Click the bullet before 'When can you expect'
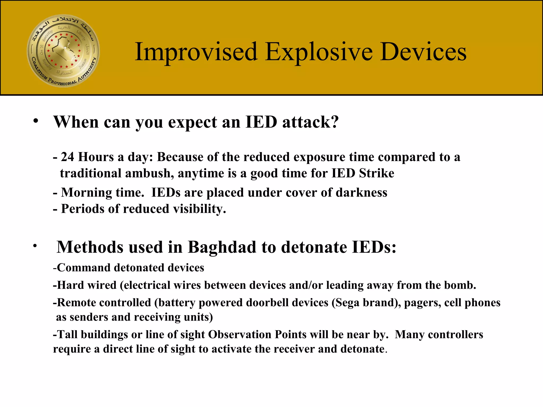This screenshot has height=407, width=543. tap(36, 121)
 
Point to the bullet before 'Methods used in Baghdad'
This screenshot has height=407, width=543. tap(35, 246)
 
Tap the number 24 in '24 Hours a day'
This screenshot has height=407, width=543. tap(67, 157)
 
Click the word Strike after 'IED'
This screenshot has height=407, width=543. tap(376, 173)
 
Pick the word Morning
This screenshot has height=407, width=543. tap(86, 193)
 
